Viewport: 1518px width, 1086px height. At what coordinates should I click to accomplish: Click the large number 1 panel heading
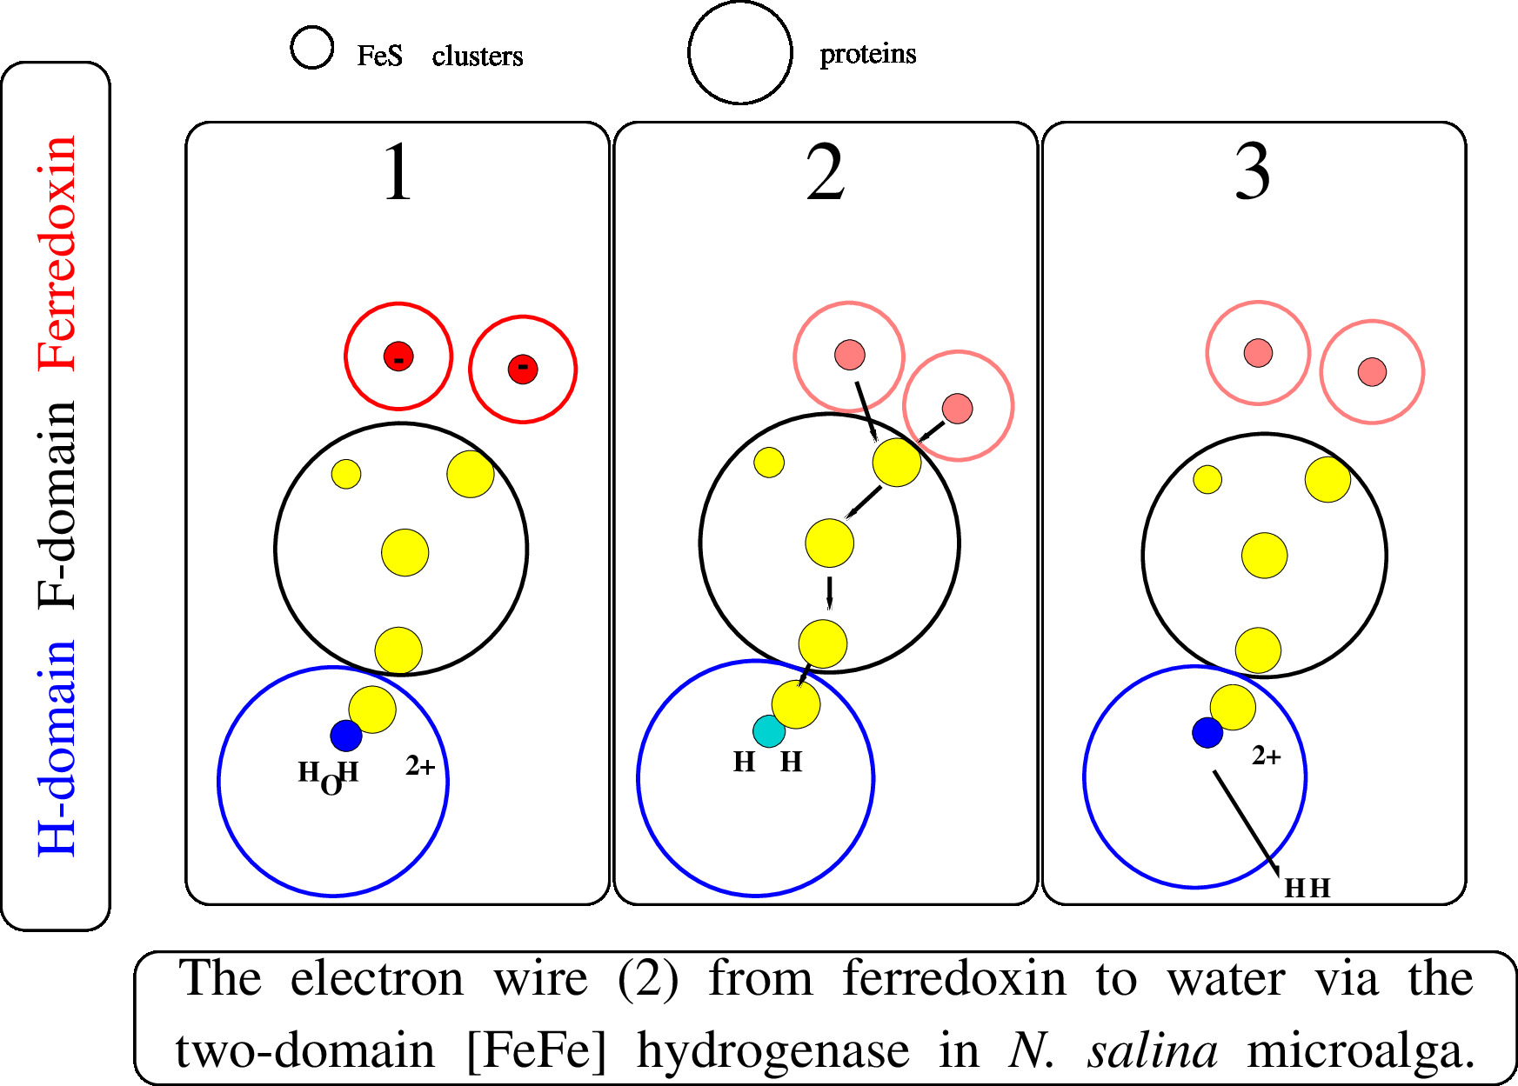tap(397, 173)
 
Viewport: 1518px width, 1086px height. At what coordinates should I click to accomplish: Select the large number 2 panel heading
tap(825, 173)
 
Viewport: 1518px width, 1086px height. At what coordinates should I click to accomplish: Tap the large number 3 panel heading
tap(1253, 173)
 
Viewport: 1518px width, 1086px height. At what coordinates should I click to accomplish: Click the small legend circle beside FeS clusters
tap(311, 47)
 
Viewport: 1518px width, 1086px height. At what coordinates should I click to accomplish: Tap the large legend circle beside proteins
tap(740, 52)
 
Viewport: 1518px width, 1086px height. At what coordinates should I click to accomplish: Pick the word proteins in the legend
tap(867, 54)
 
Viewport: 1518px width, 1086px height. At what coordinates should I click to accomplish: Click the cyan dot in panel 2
tap(767, 732)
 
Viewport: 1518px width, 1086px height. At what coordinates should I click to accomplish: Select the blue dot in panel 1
tap(346, 736)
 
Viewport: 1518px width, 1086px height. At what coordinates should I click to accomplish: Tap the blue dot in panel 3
tap(1207, 732)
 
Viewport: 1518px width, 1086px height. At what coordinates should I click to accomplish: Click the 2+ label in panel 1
tap(420, 766)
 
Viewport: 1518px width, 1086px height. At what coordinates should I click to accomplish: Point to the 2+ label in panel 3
tap(1267, 756)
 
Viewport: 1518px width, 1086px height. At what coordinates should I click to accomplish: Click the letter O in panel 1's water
tap(331, 785)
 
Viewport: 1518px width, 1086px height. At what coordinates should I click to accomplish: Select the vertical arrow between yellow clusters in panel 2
tap(829, 593)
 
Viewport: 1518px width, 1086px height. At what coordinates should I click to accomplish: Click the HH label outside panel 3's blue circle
tap(1307, 888)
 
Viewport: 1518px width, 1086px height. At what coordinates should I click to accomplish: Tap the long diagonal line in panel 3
tap(1246, 823)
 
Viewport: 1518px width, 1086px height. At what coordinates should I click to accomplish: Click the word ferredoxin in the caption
tap(953, 979)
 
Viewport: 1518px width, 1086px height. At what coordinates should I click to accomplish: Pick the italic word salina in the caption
tap(1153, 1050)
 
